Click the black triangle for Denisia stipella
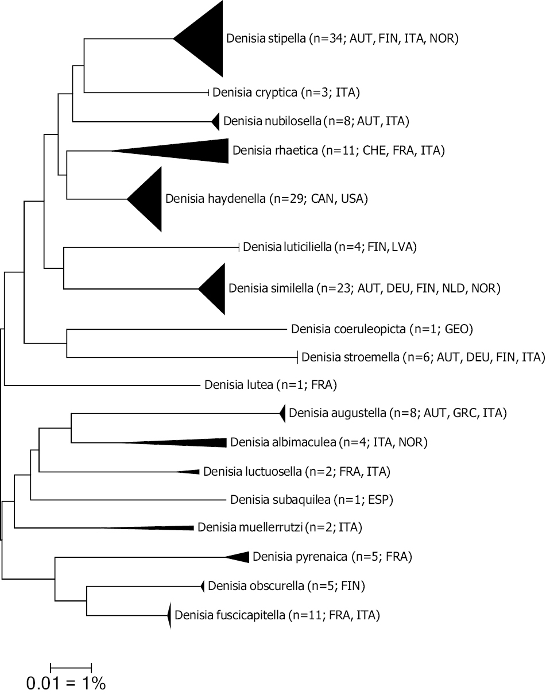(206, 38)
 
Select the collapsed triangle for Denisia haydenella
(150, 199)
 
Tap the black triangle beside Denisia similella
(216, 288)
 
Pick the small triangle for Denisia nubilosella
(216, 122)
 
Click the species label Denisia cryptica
(255, 92)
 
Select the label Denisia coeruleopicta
(348, 329)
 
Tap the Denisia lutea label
(238, 385)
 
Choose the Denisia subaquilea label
(280, 500)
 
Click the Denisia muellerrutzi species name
(250, 527)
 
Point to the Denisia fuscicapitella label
(230, 615)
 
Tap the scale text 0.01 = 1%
(66, 683)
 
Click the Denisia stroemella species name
(350, 357)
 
